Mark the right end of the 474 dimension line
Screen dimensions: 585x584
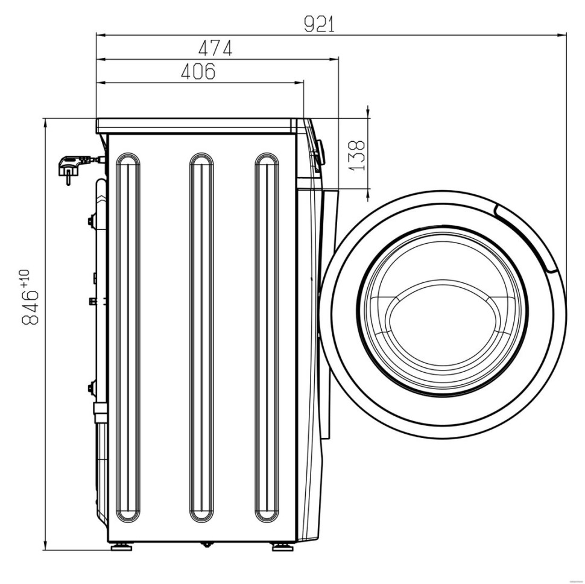[338, 59]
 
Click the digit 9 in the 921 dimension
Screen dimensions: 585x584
[309, 25]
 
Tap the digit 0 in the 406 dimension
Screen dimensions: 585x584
[198, 72]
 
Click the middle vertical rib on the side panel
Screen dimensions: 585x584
[201, 207]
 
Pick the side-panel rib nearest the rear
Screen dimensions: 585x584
[128, 207]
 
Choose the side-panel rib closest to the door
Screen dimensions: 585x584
[267, 207]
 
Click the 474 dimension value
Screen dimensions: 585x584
[215, 48]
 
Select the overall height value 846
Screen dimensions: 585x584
[30, 307]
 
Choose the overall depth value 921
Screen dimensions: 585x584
[320, 25]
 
